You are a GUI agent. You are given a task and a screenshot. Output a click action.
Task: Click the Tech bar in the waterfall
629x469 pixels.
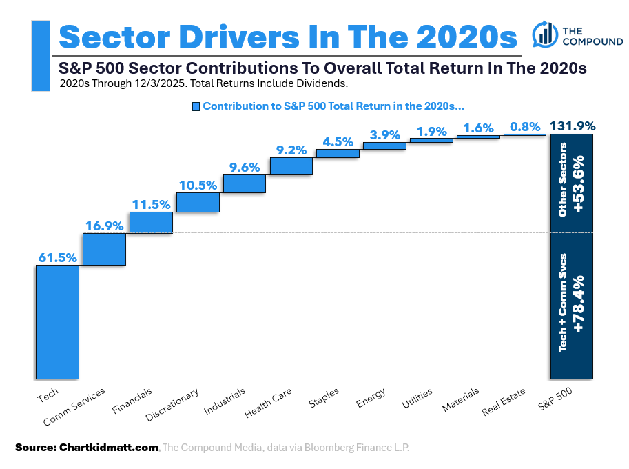(x=57, y=321)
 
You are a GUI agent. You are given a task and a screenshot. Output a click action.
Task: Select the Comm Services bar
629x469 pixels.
(x=104, y=249)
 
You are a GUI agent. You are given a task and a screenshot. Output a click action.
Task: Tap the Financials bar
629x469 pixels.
(x=151, y=222)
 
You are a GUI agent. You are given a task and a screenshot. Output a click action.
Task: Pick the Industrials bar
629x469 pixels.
(x=245, y=183)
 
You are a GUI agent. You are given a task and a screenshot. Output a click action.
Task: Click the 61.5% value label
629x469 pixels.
(x=57, y=257)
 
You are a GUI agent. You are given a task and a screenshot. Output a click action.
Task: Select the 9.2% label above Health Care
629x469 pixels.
(x=291, y=149)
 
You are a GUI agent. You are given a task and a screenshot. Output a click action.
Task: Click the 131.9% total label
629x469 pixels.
(x=572, y=126)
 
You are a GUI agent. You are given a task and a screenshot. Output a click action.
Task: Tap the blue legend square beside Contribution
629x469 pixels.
(x=196, y=107)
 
